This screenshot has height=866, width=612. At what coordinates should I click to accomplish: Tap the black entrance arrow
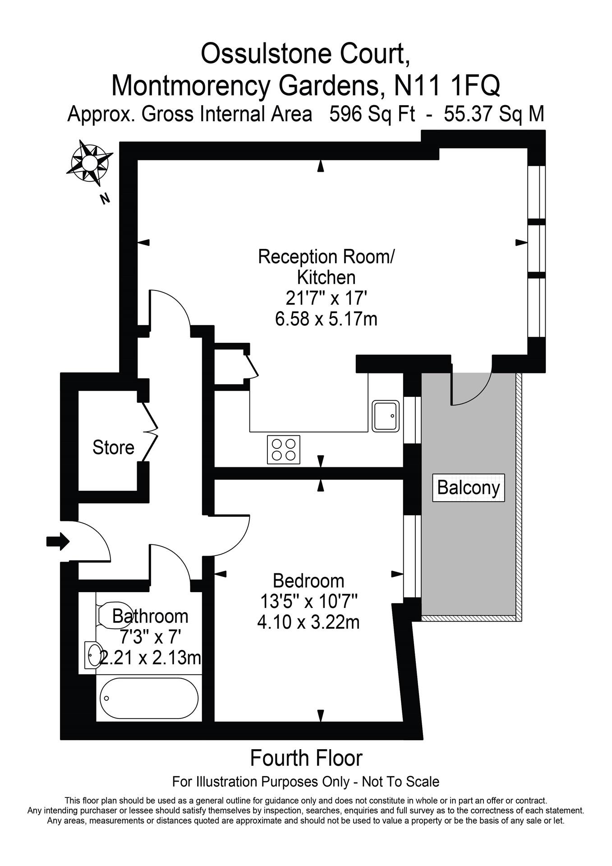(58, 541)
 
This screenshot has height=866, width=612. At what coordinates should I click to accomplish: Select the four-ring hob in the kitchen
(284, 449)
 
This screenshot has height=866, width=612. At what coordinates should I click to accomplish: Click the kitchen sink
(386, 416)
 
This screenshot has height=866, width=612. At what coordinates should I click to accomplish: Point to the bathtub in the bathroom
(148, 698)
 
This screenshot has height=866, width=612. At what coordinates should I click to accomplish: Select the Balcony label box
(468, 488)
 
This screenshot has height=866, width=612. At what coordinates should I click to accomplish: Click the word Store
(113, 447)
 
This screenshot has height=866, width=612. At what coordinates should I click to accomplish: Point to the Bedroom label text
(308, 580)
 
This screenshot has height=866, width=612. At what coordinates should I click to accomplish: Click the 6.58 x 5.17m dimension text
(326, 319)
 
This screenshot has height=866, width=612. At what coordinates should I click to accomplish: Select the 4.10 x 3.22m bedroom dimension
(308, 622)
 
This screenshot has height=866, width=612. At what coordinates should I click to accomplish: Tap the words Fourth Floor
(306, 758)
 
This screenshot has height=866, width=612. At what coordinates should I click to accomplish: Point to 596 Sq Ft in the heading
(372, 114)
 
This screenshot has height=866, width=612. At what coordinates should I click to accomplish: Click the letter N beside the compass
(105, 198)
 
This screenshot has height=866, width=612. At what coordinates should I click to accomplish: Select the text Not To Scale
(400, 781)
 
